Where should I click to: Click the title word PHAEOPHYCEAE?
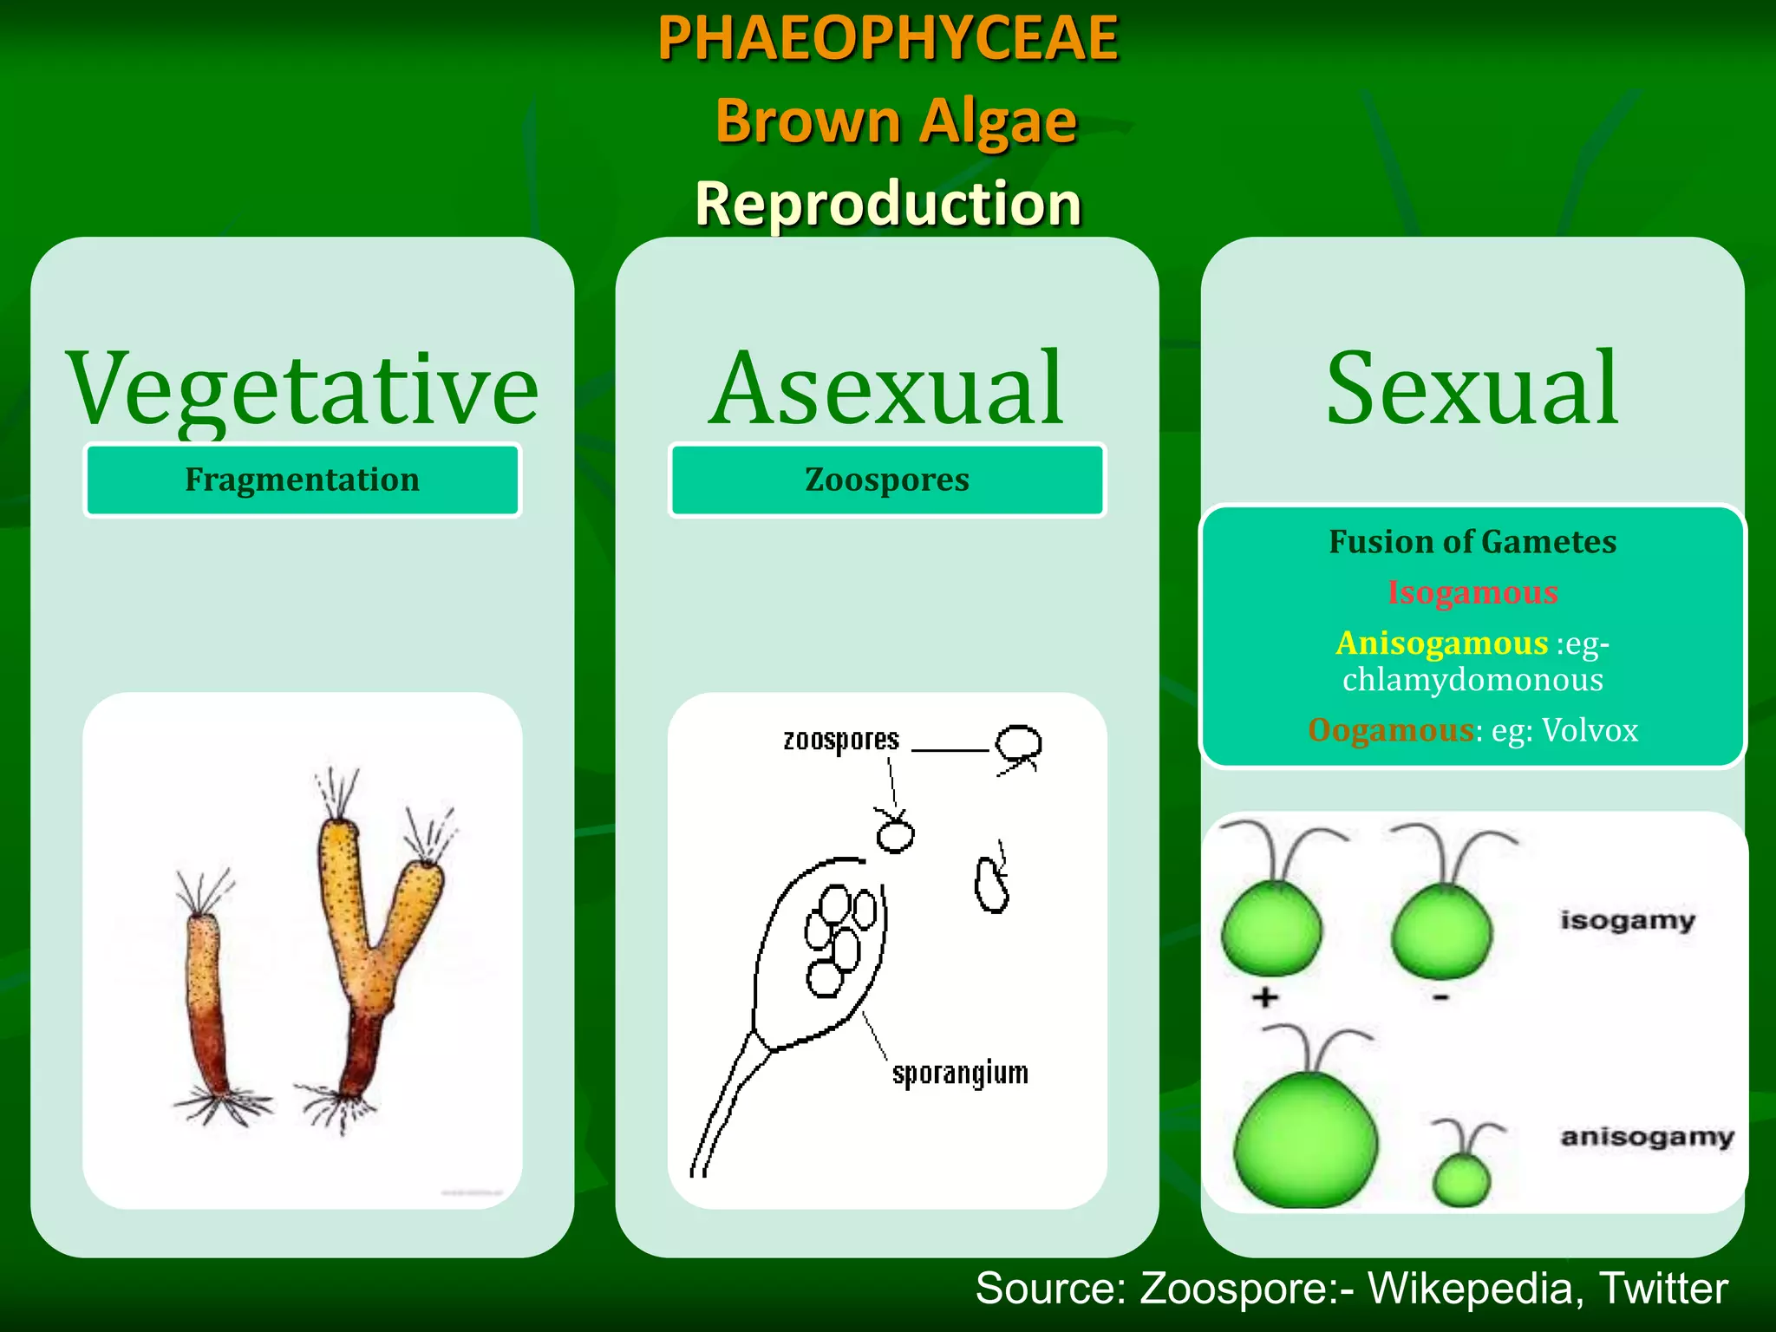point(888,38)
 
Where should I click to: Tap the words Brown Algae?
point(896,121)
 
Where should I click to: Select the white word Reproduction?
point(888,204)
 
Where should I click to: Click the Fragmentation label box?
point(303,480)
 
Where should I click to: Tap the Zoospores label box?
point(887,480)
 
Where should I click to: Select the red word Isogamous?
point(1472,592)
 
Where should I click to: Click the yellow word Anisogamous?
point(1441,643)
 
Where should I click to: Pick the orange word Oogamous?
point(1390,730)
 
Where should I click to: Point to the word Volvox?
point(1590,731)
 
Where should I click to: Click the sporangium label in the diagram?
point(960,1074)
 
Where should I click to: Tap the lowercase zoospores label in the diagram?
point(841,740)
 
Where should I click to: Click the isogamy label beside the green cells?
point(1627,920)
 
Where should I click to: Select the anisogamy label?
point(1647,1136)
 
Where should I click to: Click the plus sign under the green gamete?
point(1265,997)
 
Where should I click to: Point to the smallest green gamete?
point(1461,1179)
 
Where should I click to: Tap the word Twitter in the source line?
point(1662,1289)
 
